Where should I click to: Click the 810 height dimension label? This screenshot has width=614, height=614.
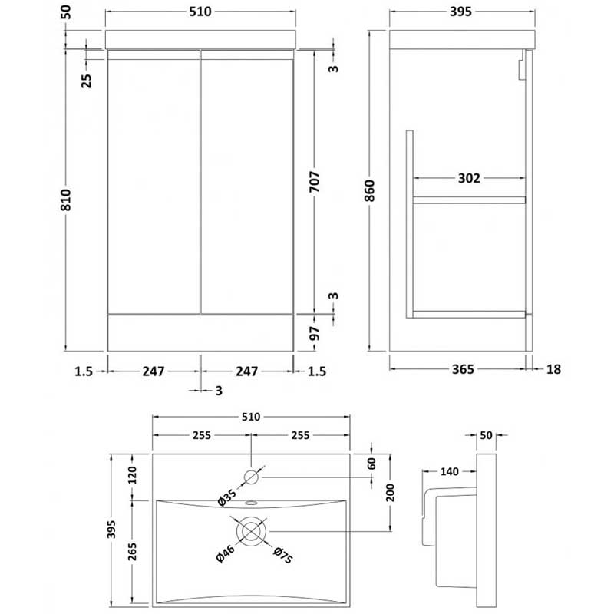click(x=66, y=200)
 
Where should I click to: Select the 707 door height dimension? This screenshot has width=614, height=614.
click(x=315, y=182)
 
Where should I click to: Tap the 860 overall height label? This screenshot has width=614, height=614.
click(x=369, y=190)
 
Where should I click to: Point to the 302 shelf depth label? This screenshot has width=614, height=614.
click(x=469, y=178)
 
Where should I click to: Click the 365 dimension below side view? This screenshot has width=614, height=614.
click(x=463, y=369)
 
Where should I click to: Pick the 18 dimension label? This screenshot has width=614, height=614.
click(x=553, y=369)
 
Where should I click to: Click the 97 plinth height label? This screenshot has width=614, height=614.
click(x=315, y=333)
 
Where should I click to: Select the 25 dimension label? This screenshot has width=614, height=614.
click(x=87, y=81)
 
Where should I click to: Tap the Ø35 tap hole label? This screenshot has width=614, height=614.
click(x=227, y=497)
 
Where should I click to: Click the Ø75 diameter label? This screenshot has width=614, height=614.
click(x=282, y=555)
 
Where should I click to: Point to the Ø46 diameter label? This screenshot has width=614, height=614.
click(x=226, y=553)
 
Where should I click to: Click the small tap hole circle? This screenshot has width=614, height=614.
click(x=252, y=477)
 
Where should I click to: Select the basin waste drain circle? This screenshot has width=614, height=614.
click(x=252, y=531)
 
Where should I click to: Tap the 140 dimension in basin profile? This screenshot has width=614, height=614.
click(x=449, y=471)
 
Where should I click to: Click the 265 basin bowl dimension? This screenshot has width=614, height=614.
click(x=132, y=551)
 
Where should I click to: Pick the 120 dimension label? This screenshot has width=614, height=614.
click(x=132, y=475)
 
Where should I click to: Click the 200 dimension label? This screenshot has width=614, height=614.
click(x=390, y=493)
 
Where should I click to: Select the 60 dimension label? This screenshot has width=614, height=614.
click(x=371, y=464)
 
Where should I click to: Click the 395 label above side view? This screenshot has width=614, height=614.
click(x=460, y=12)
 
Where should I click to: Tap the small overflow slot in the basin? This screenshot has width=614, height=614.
click(x=251, y=503)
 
